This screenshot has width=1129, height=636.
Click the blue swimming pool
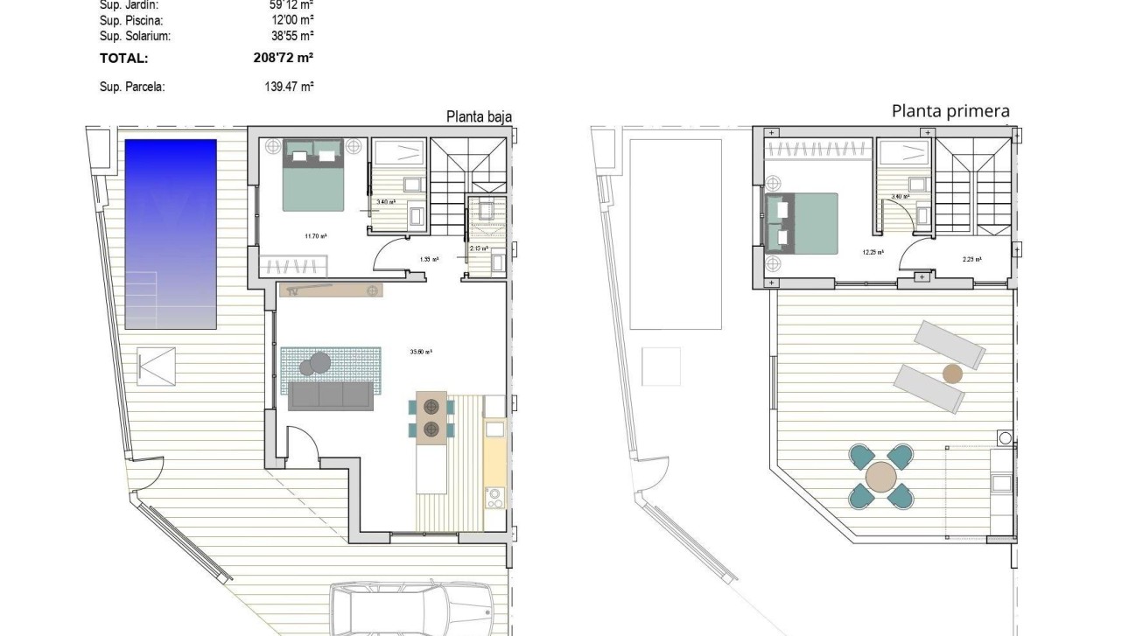[171, 234]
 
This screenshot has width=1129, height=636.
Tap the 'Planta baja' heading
[479, 116]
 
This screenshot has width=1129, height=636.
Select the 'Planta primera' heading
[950, 111]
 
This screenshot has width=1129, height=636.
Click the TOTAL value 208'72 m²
[283, 58]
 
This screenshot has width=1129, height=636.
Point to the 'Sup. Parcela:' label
[132, 87]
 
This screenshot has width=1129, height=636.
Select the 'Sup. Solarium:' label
[135, 36]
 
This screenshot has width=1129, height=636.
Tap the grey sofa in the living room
[331, 396]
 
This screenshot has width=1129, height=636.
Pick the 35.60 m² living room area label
[421, 352]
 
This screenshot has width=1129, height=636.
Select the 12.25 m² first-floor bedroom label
[872, 252]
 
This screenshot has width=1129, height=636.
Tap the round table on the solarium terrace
[880, 477]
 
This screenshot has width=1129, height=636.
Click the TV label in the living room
[294, 291]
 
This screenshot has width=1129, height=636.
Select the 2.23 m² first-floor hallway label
[971, 259]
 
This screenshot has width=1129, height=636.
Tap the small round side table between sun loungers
[951, 374]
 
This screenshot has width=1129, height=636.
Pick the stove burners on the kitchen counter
[494, 498]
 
